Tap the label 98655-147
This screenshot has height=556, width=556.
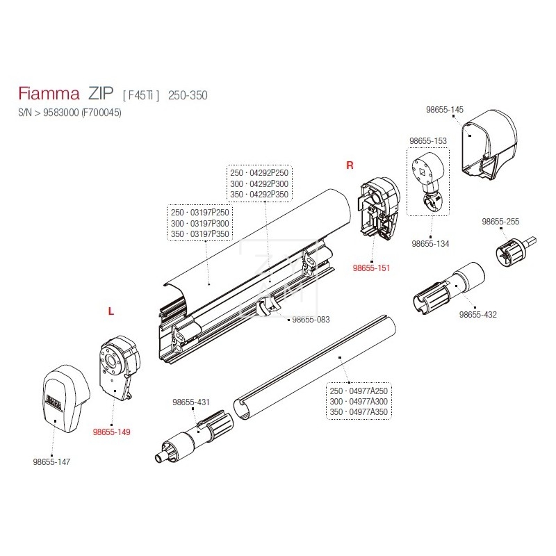point(51,461)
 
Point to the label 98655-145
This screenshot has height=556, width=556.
point(444,110)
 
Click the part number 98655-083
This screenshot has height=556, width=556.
point(311,320)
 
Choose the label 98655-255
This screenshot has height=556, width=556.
point(501,222)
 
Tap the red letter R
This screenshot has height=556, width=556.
point(350,165)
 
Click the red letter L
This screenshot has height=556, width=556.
point(111,312)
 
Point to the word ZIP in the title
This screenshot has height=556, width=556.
point(101,95)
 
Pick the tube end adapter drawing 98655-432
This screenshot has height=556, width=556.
point(445,286)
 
